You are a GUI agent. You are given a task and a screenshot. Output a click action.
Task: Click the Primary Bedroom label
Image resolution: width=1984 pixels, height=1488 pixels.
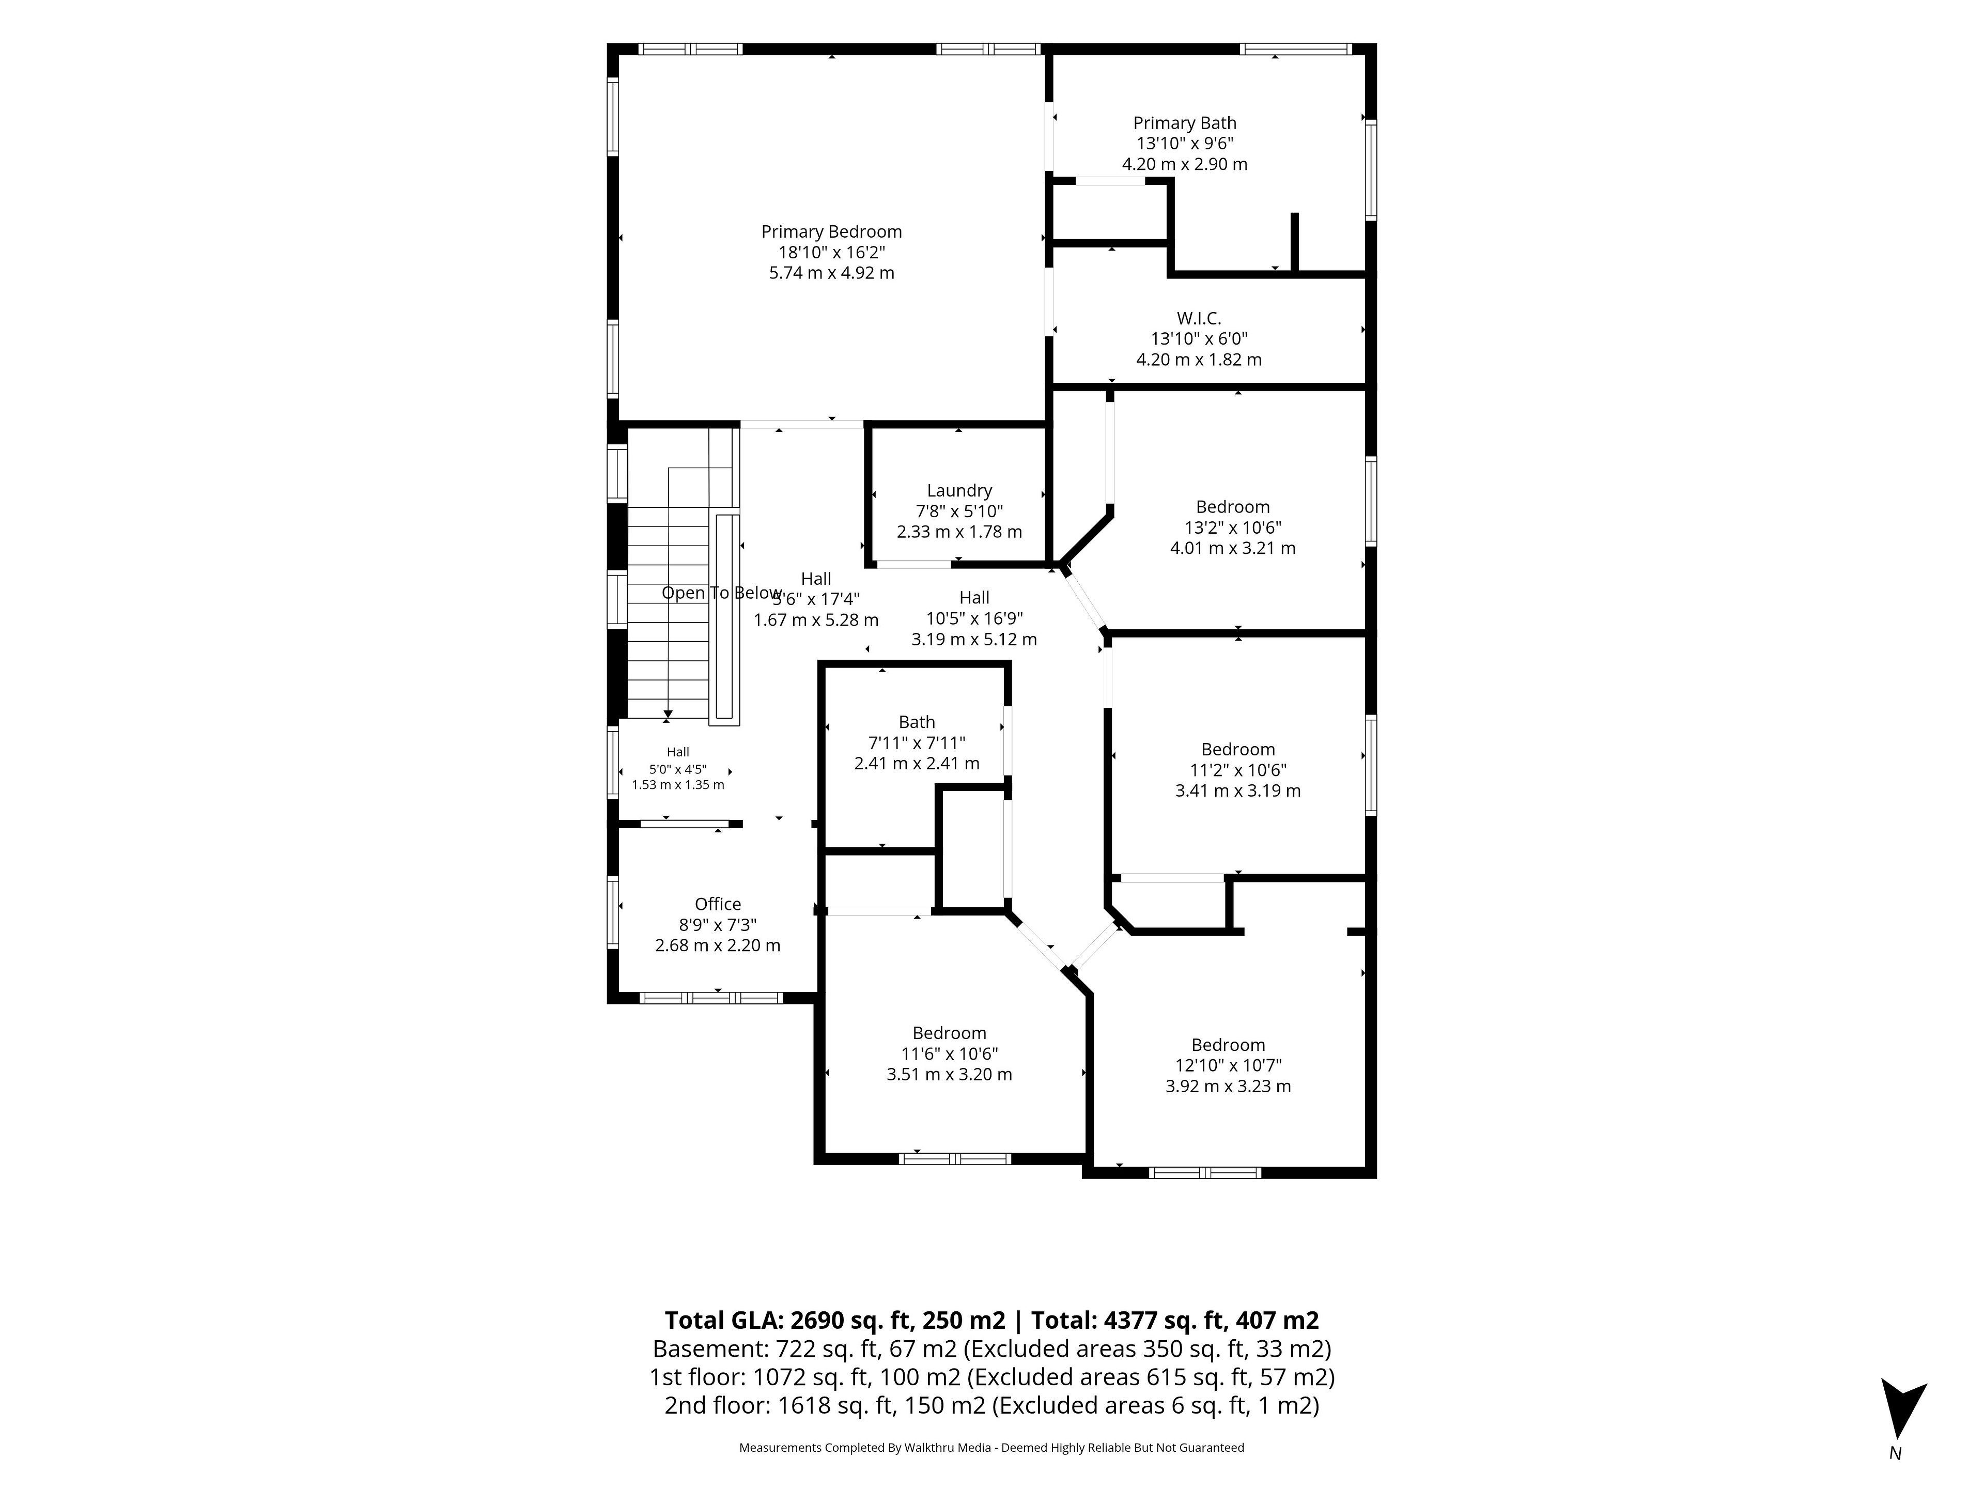(831, 231)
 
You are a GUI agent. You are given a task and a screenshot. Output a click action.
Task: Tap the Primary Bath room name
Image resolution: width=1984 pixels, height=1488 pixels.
(1184, 123)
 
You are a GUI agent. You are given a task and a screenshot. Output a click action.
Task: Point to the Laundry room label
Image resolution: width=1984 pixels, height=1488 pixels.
(959, 491)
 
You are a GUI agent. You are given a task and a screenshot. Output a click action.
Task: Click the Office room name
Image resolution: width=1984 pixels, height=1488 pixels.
(718, 904)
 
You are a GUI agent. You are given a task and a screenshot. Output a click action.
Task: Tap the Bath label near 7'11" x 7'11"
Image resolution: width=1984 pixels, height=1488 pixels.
(917, 722)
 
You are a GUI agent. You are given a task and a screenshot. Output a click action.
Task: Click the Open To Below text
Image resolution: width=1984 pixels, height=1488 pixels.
(721, 593)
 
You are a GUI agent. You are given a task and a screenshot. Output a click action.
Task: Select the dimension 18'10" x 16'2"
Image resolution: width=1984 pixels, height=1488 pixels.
(831, 252)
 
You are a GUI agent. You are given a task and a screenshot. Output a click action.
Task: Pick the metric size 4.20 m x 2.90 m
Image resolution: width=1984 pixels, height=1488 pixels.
(1184, 164)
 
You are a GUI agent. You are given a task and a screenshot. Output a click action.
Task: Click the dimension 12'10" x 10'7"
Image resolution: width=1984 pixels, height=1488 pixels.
(1228, 1065)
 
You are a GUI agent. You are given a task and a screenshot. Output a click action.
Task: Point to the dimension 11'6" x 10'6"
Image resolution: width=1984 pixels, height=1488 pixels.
(949, 1054)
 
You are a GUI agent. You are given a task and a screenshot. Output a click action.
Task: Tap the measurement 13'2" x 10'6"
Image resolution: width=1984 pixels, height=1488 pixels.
(1232, 528)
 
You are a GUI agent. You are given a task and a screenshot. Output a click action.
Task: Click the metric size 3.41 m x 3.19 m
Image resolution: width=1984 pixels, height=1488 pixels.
(1238, 790)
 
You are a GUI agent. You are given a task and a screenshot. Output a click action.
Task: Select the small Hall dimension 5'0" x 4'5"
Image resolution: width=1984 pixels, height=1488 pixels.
(677, 769)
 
